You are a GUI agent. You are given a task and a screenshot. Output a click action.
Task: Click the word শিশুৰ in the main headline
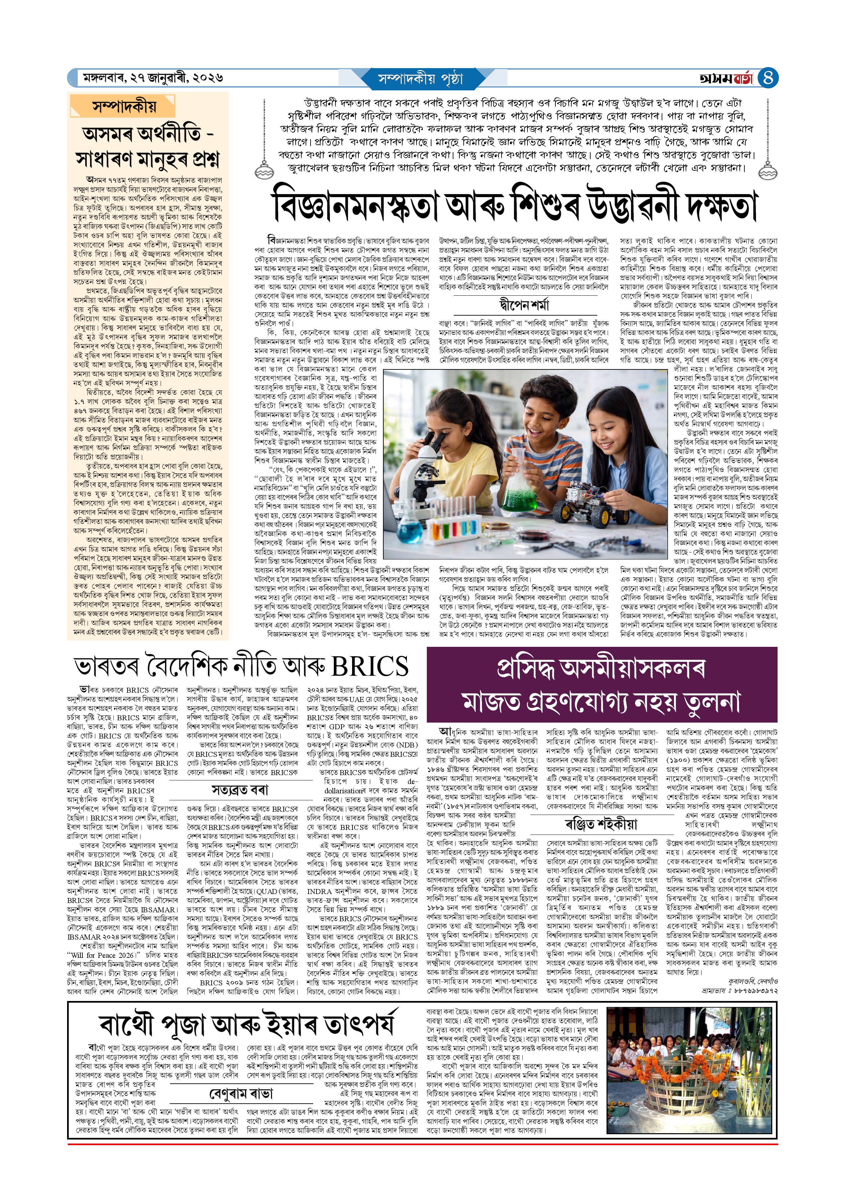[545, 207]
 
